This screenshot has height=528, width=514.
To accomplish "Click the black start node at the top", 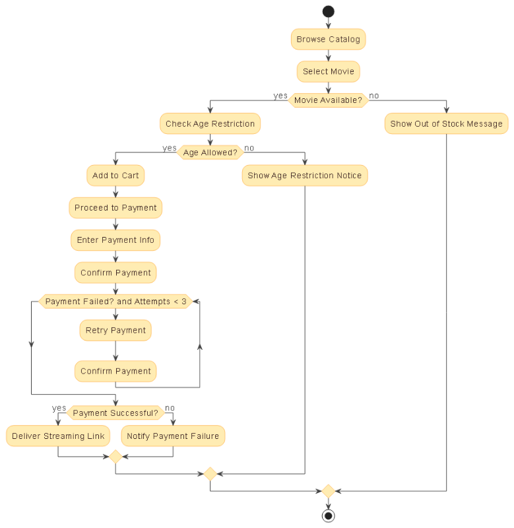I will pos(328,11).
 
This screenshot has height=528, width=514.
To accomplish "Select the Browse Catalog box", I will pos(328,39).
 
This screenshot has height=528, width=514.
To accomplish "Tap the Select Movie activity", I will pos(328,71).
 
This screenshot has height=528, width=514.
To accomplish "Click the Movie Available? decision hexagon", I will pos(328,100).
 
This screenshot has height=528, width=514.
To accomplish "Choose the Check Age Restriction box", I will pos(210,123).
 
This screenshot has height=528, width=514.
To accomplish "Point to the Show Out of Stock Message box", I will pos(446,123).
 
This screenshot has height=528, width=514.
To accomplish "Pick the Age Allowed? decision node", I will pos(210,152).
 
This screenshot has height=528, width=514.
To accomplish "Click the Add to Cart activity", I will pos(115,176).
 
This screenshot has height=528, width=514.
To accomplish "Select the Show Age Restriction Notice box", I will pos(304,176).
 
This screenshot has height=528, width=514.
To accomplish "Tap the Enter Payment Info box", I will pos(115,240).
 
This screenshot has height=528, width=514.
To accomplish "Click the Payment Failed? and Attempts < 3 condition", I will pos(115,302).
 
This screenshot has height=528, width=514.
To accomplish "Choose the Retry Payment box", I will pos(115,330).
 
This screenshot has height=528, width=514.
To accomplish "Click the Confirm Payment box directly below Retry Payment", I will pos(115,371).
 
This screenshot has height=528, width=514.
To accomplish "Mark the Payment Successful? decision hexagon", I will pos(115,413).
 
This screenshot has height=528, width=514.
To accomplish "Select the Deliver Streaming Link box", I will pos(58,436).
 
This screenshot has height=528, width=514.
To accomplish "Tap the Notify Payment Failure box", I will pos(173,436).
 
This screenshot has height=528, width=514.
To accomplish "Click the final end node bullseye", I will pos(328,515).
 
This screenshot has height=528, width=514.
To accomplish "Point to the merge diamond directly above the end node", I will pos(328,491).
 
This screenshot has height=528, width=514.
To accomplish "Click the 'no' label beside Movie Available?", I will pos(374,96).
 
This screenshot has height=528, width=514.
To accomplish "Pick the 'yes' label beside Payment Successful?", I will pos(59,408).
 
